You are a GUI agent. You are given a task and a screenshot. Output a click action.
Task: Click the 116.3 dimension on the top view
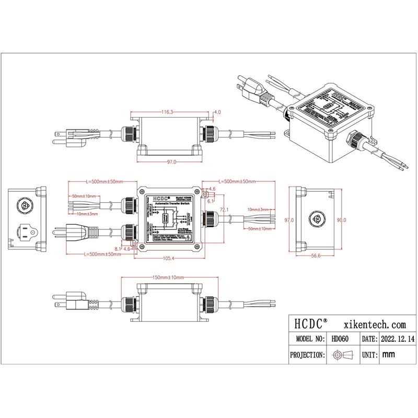pos(167,112)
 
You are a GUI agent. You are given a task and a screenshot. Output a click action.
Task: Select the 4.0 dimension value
pos(217,112)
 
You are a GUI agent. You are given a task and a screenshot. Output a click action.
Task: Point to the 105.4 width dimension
pos(168,259)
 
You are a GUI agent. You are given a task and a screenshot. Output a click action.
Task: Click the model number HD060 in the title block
pos(339,339)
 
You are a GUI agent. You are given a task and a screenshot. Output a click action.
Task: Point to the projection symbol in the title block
pos(340,355)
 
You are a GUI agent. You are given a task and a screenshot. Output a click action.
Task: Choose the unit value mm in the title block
pos(388,355)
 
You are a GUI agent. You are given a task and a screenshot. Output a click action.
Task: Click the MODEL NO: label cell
pos(308,339)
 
